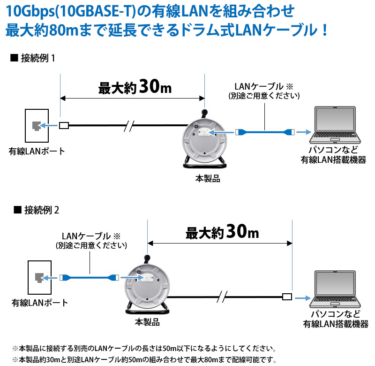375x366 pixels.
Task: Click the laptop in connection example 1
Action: pos(335,125)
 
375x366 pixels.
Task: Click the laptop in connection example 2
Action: pos(335,289)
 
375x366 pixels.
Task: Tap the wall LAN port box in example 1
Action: pos(37,126)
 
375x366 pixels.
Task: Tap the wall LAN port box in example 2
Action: pos(40,277)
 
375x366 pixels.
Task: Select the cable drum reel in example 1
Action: pos(204,139)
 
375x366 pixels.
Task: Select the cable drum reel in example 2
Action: pos(147,285)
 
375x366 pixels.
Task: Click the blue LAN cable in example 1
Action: pos(265,132)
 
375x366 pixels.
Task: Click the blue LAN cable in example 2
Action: pos(89,277)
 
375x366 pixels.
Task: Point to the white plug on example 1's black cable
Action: pos(64,125)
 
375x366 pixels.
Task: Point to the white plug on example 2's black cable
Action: pos(287,297)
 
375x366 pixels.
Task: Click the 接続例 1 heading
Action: pos(33,58)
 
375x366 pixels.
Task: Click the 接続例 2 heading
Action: pos(37,210)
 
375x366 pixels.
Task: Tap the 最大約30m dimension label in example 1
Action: pos(135,87)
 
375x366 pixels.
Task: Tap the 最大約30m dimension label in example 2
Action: pos(222,232)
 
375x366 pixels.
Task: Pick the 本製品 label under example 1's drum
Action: pos(208,179)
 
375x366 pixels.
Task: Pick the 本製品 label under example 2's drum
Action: pos(147,322)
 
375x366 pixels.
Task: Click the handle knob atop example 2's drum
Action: pos(147,259)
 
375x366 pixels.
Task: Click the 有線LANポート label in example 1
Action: pos(37,151)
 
